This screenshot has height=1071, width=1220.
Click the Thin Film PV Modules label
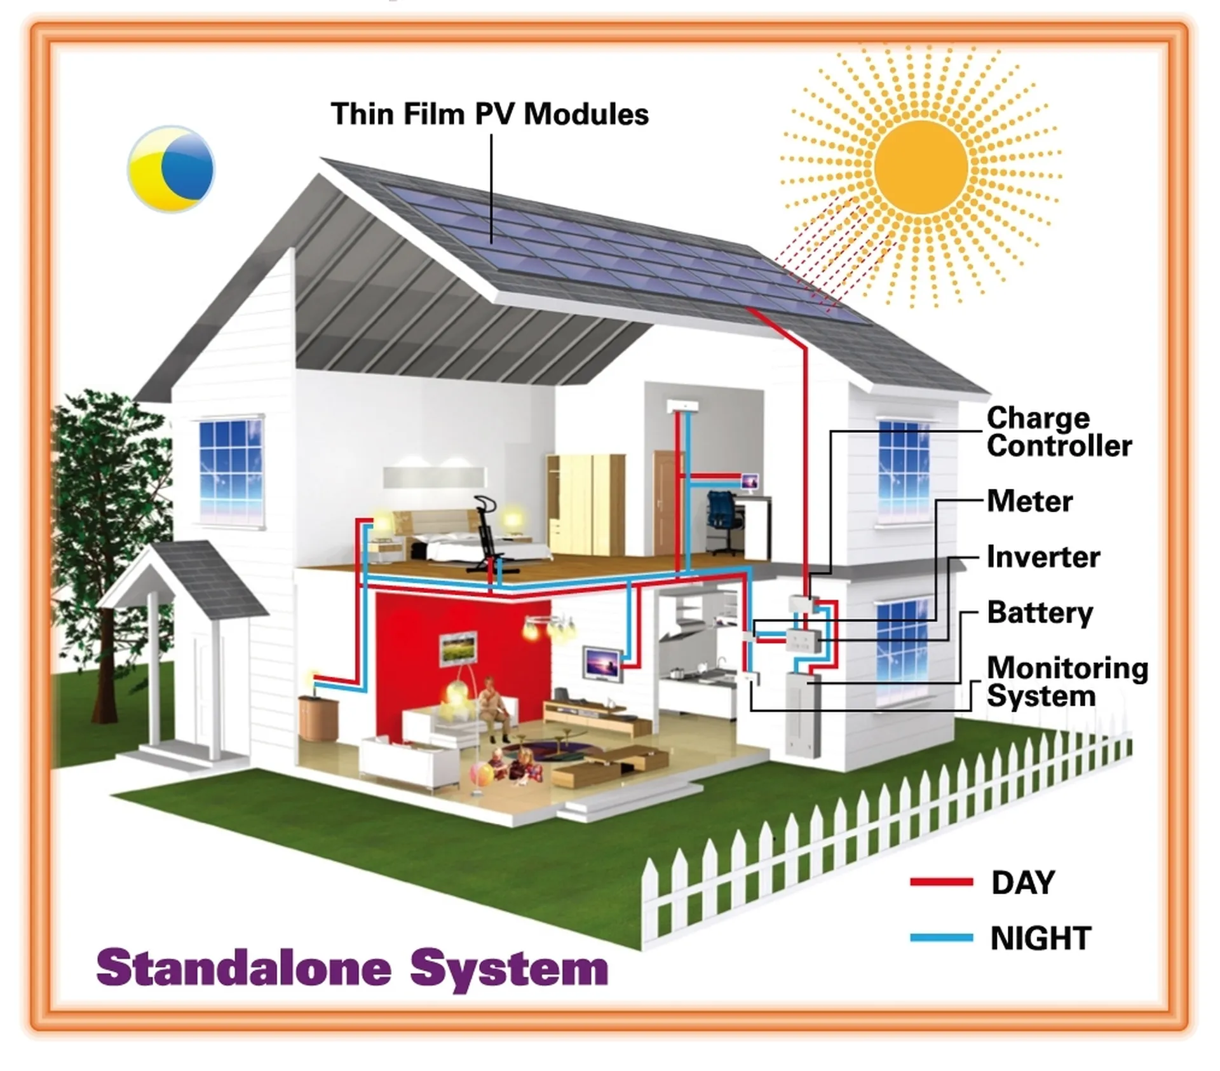[x=490, y=114]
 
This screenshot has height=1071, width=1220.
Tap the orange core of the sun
[x=921, y=168]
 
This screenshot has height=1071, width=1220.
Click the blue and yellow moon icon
[x=171, y=168]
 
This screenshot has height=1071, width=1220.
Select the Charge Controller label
[x=1059, y=432]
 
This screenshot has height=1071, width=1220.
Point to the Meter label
[x=1030, y=501]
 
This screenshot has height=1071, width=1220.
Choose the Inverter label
[x=1043, y=557]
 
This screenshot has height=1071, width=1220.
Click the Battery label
[x=1040, y=613]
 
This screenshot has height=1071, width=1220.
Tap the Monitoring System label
[x=1067, y=682]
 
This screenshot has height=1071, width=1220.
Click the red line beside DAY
[x=942, y=882]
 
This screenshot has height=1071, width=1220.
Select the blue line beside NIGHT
[x=942, y=938]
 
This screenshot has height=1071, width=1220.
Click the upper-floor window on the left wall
[x=231, y=471]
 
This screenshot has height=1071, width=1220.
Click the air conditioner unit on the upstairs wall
[x=682, y=406]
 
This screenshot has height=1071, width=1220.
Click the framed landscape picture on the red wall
[x=458, y=648]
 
